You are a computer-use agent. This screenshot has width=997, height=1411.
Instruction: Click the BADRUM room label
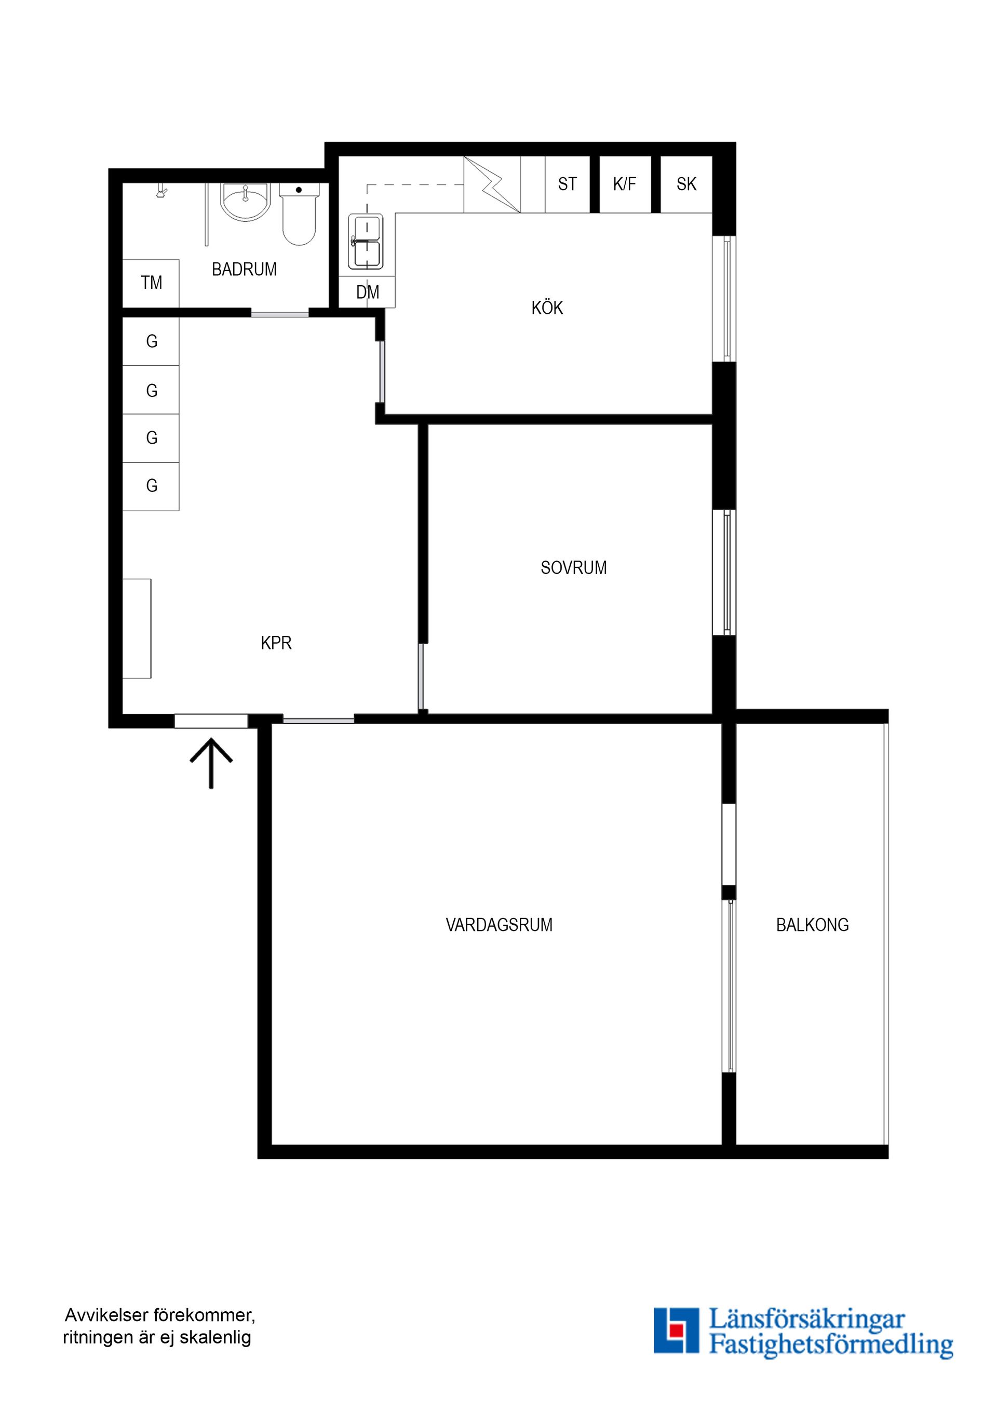pos(244,269)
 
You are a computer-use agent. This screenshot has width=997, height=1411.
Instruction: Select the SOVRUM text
pos(573,568)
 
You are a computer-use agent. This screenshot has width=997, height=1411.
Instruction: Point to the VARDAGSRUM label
pos(499,925)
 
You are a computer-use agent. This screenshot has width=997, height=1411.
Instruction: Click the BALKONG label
pos(812,925)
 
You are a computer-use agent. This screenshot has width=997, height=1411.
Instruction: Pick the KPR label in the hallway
pos(276,643)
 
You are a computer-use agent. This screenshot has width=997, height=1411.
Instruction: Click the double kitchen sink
pos(366,242)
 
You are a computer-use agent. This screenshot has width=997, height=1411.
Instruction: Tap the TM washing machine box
pos(151,283)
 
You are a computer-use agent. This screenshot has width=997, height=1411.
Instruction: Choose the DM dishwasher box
pos(367,292)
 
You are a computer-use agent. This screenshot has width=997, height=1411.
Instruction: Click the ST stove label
pos(567,184)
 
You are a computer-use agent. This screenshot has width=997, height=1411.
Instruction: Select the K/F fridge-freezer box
pos(625,184)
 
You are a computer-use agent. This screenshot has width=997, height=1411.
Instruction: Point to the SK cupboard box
pos(686,184)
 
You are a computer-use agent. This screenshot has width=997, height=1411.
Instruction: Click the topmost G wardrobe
pos(151,342)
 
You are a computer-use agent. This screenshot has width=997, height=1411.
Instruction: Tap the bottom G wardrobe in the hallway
pos(151,486)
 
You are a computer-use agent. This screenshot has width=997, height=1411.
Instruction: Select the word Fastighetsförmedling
pos(831,1344)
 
